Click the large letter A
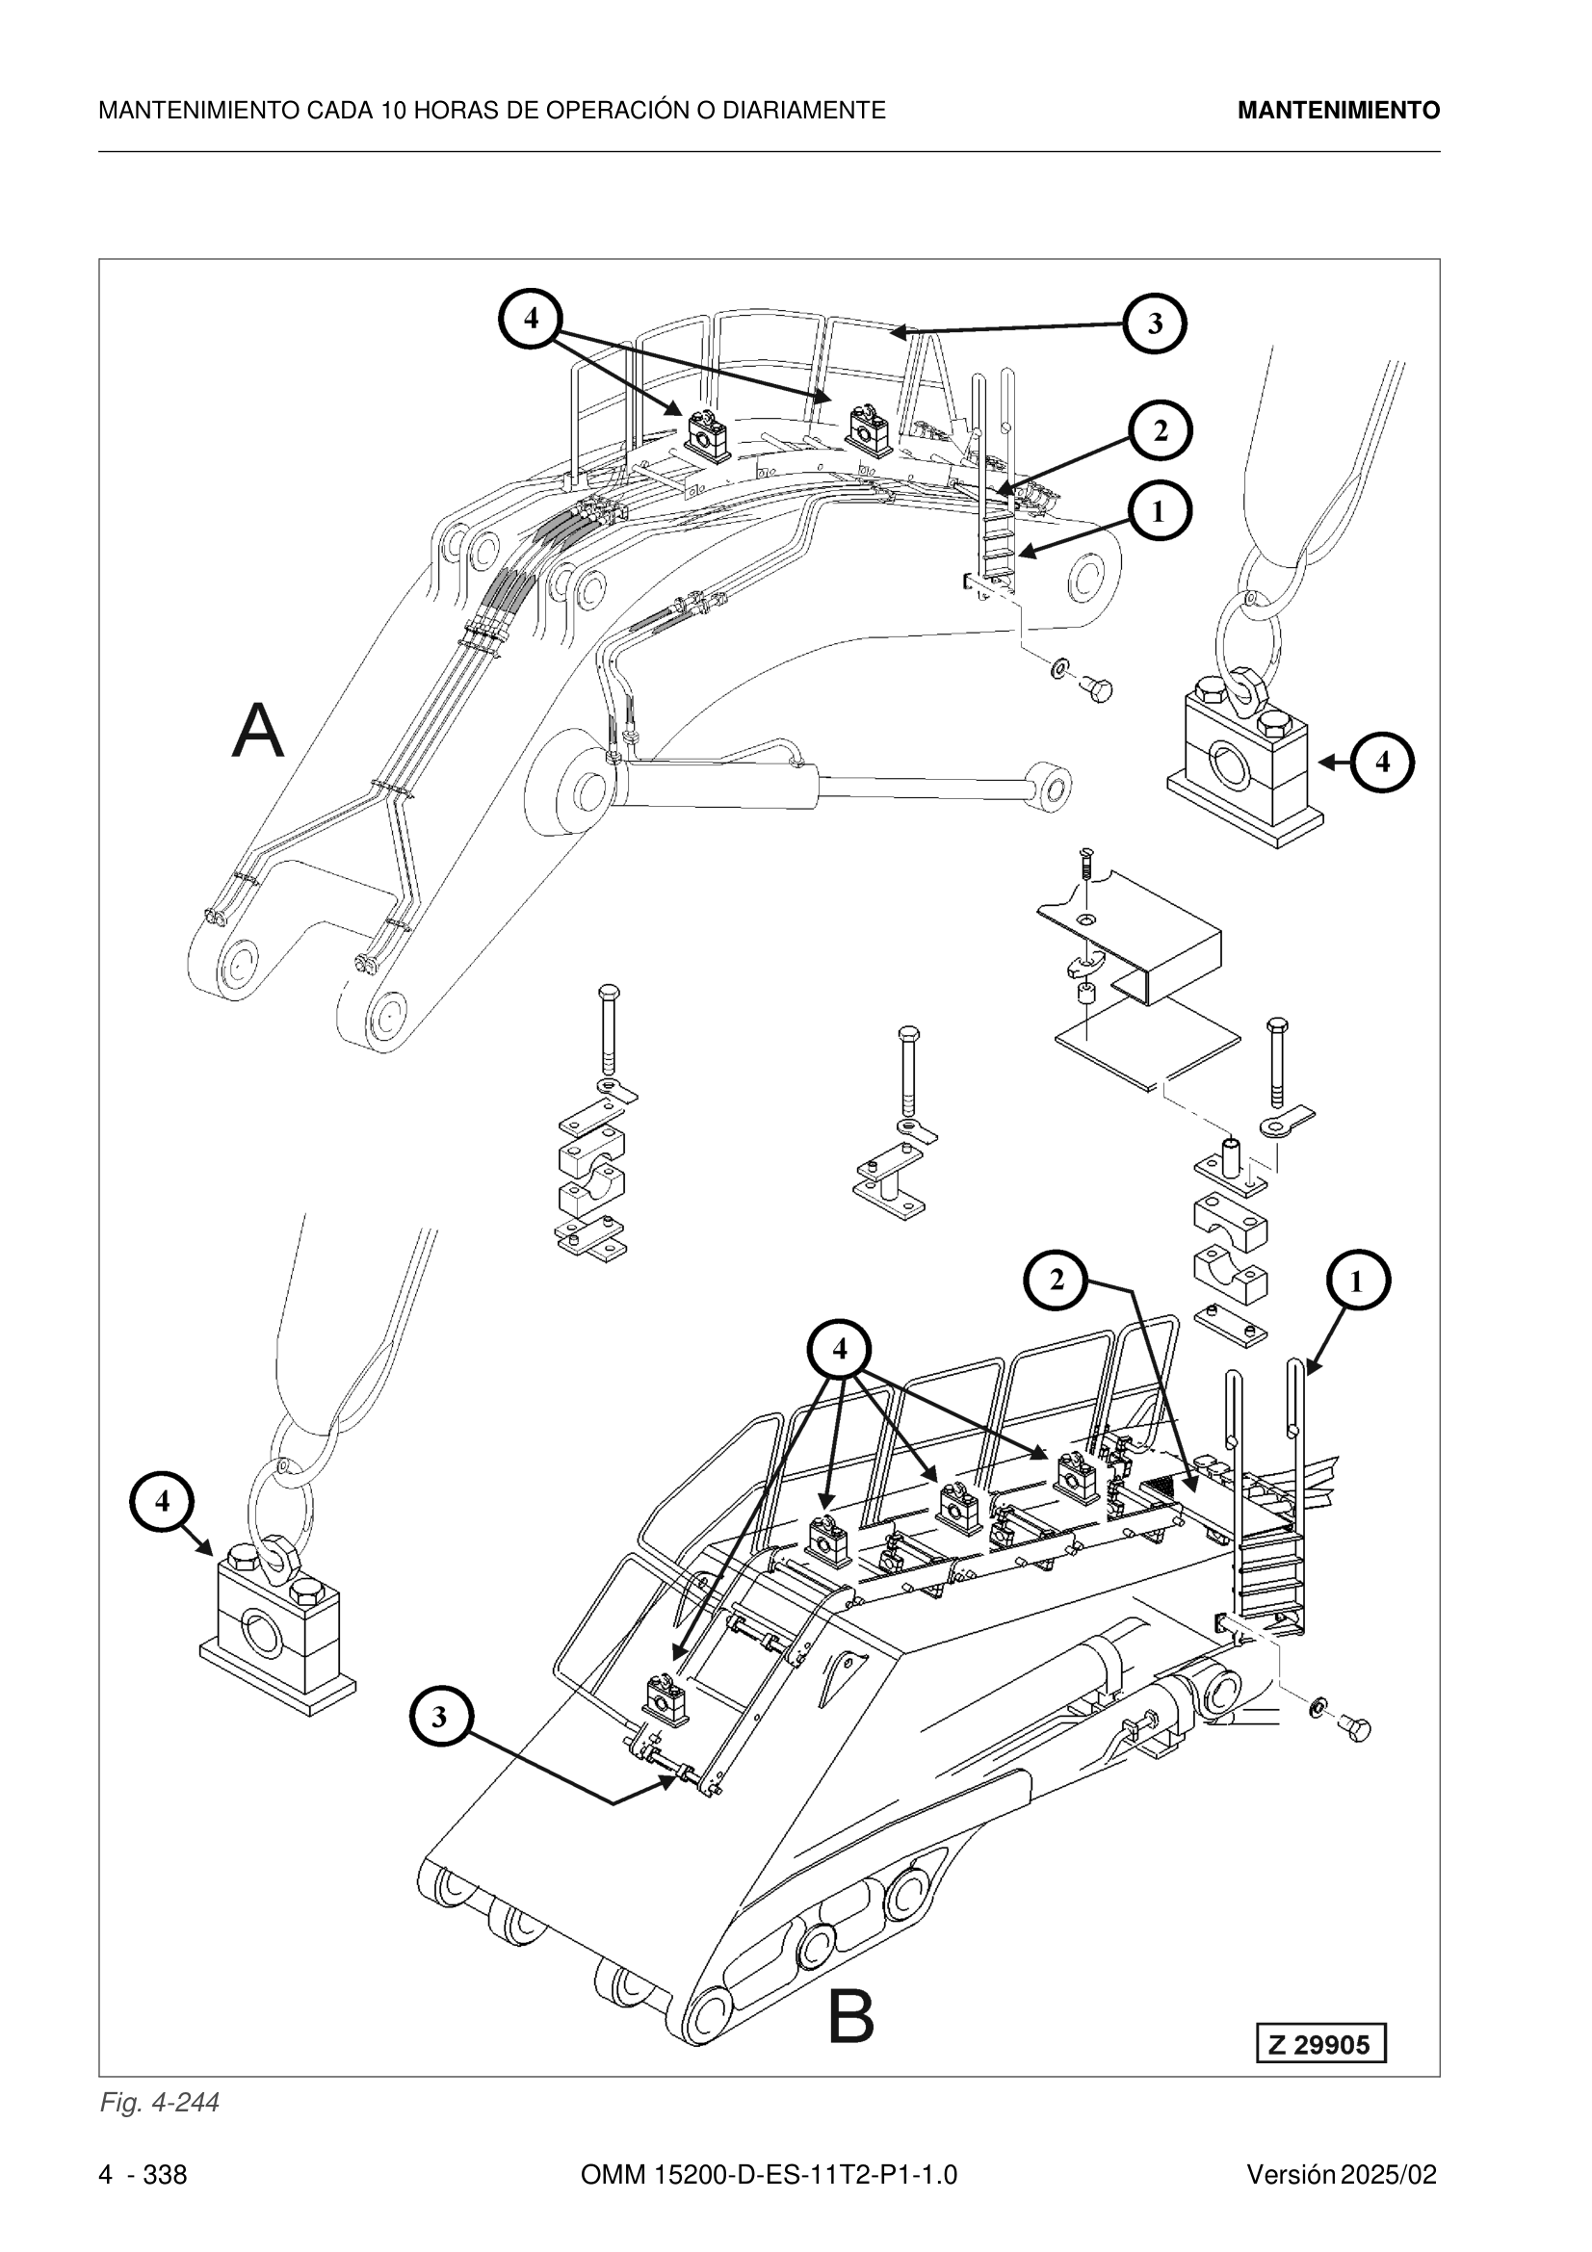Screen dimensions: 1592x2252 258,730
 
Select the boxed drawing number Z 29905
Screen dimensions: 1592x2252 1320,2044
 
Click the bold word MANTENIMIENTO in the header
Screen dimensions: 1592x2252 1338,111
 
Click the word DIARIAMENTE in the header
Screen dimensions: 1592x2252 803,111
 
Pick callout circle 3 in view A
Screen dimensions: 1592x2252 1155,323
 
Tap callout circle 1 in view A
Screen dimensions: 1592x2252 1159,511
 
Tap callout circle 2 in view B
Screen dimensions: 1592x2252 1057,1280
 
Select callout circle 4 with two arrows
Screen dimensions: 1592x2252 531,318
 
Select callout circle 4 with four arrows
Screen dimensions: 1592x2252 840,1350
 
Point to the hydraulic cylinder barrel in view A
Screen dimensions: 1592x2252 716,784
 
